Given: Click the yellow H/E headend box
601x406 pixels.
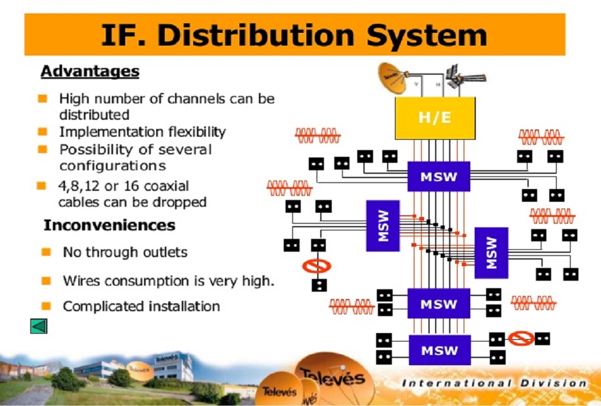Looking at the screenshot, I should [x=435, y=117].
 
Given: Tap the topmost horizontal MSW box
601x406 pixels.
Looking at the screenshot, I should [x=438, y=177].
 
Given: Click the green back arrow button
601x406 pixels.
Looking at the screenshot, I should [x=38, y=327].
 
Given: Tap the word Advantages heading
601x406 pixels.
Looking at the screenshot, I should [x=90, y=72].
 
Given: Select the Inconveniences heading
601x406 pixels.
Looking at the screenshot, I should [x=109, y=225].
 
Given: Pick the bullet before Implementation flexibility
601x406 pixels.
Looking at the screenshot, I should [x=43, y=131].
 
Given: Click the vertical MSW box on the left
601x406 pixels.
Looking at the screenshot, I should [x=383, y=225].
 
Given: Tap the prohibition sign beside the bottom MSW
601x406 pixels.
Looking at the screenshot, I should [x=521, y=339].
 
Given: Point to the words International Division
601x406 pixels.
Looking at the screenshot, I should [x=495, y=383].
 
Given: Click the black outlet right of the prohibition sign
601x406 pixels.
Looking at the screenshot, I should [x=542, y=339].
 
